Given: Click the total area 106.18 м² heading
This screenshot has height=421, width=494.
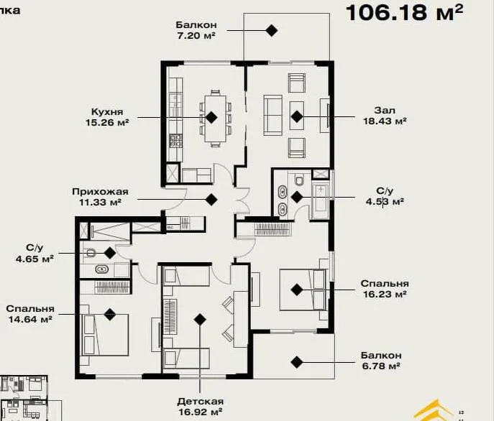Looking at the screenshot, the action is coord(405,13).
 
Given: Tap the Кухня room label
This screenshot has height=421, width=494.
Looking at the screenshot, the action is coord(107,112).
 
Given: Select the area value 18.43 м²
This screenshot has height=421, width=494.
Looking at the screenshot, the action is coord(385,121).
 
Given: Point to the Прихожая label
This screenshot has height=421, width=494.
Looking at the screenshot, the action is coord(100,191).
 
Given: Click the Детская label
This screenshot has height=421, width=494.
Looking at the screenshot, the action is coord(201,402).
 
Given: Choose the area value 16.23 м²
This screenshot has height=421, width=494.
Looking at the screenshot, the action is coord(385,294).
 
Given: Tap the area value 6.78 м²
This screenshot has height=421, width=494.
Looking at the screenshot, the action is coord(381,366).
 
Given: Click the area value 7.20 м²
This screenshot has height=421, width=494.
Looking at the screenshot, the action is coord(196,36).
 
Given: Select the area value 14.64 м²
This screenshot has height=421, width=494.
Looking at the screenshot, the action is coord(30,320).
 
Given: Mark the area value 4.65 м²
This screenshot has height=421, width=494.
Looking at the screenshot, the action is coord(35,259).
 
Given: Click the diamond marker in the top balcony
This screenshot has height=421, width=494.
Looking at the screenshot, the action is coord(271,31).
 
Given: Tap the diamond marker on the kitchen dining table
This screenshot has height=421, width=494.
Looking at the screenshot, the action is coord(211,117).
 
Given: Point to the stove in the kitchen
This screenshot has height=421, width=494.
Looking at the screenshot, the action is coord(175,141).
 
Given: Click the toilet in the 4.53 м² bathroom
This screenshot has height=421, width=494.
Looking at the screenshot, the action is coord(298,180).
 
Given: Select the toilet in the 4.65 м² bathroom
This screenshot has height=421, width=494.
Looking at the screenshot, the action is coord(91,253).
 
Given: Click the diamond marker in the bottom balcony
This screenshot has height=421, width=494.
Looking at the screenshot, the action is coord(296,362).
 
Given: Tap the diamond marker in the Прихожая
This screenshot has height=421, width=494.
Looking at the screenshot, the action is coord(211,199).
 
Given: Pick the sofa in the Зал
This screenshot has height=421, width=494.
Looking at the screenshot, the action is coord(273,116).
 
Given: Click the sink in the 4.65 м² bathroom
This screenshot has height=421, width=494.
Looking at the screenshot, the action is coord(102,269).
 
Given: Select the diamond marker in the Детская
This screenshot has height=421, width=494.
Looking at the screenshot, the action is coord(200,320).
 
